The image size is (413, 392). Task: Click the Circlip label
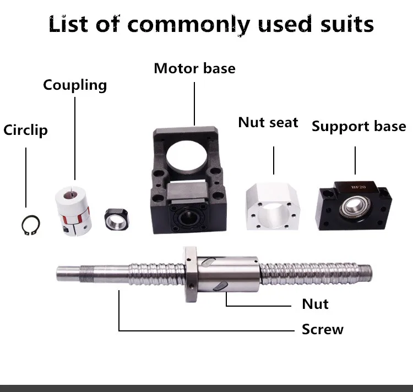coord(25,130)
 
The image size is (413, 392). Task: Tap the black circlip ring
coord(26,226)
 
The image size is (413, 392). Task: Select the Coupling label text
coord(75,85)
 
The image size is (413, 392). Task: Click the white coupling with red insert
coord(74,210)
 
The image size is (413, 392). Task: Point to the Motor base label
coord(194,68)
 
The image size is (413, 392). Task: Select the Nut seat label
coord(268,122)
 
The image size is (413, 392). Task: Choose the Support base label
coord(358,126)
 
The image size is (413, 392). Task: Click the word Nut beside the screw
coord(315,304)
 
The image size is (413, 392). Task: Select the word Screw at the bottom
coord(322,329)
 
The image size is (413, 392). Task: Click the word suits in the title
coord(338,25)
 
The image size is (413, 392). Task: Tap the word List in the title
coord(68,25)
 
